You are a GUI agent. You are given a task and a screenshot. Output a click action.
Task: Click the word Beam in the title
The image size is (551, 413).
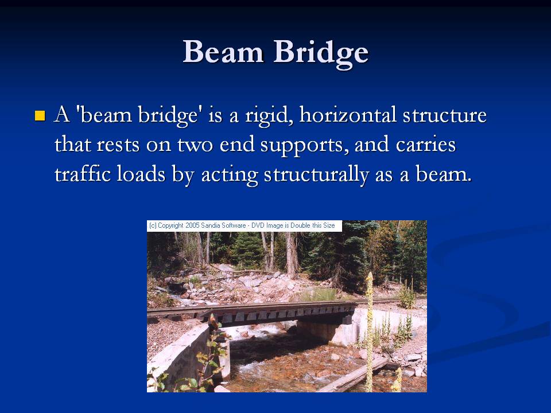tap(223, 52)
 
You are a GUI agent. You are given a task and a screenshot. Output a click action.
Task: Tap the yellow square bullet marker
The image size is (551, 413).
tap(40, 115)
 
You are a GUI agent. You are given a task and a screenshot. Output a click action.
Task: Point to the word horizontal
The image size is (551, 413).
tap(348, 115)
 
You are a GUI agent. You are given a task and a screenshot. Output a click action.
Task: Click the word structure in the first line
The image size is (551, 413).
tap(444, 115)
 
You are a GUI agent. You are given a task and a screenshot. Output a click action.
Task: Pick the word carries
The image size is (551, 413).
tap(425, 145)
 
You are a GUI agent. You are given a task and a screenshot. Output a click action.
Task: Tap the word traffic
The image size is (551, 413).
tap(83, 174)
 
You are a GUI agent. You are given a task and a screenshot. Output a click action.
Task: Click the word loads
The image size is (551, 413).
tap(141, 174)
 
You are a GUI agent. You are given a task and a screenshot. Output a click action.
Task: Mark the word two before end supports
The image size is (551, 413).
tap(195, 145)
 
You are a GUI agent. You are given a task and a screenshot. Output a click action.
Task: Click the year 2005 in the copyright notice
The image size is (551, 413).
tap(192, 225)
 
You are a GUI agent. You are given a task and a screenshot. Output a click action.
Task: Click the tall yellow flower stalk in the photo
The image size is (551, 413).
tap(369, 330)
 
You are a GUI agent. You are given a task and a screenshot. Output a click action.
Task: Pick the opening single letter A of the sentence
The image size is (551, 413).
tap(62, 115)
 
